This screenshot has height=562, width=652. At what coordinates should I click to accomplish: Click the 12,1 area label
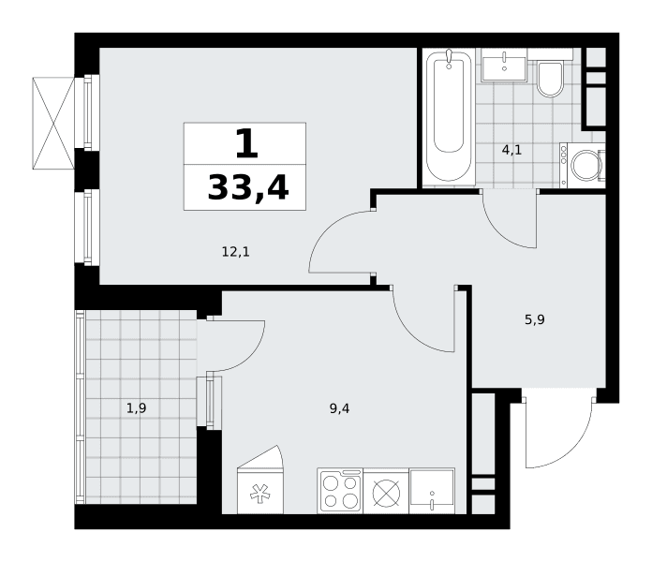tap(236, 252)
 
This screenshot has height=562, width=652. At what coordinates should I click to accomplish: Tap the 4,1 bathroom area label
tap(511, 150)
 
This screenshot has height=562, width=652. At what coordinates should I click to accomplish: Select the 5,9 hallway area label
tap(534, 319)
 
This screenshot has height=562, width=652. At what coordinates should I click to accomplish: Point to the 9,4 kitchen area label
tap(339, 408)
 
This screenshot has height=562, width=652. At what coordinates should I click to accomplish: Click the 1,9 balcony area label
tap(136, 408)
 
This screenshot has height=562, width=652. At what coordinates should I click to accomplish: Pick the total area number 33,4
tap(248, 187)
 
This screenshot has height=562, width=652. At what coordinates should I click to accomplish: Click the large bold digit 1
tap(247, 143)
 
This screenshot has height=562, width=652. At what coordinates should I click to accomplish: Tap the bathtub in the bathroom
tap(449, 117)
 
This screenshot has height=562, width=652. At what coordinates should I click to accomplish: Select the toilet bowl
tap(550, 79)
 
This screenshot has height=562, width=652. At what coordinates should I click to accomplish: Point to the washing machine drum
tap(586, 165)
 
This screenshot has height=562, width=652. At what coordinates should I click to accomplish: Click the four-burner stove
tap(340, 491)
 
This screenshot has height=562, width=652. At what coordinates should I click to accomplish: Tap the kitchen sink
tap(432, 491)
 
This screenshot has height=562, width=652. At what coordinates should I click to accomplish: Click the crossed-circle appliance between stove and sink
tap(386, 493)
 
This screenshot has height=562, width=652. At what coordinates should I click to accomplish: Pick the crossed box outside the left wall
tap(53, 123)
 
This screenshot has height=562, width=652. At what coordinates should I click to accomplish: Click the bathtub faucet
tap(449, 58)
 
